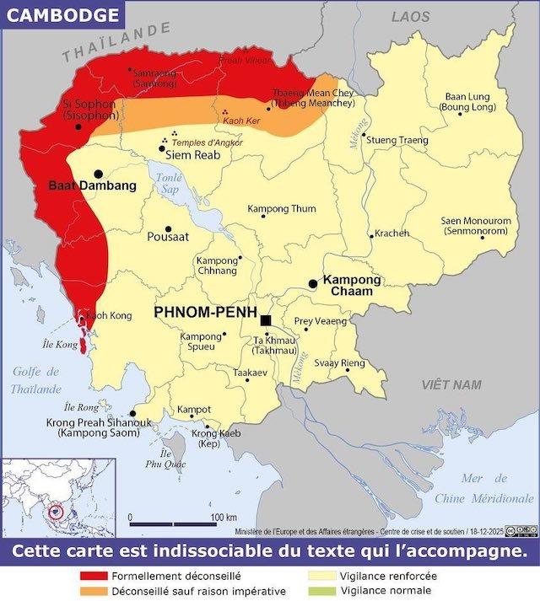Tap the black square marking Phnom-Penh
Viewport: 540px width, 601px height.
click(x=266, y=320)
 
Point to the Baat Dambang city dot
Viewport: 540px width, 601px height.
click(x=99, y=174)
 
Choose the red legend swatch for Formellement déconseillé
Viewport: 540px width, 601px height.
click(x=92, y=576)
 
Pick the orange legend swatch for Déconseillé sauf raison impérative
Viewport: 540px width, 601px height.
click(x=92, y=591)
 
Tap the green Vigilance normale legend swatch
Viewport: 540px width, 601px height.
click(x=321, y=591)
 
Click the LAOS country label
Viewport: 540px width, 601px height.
click(x=410, y=17)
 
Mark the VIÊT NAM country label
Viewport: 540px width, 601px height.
click(x=451, y=384)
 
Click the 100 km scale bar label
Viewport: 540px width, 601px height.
click(x=224, y=517)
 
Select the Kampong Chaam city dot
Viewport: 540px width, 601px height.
click(x=313, y=285)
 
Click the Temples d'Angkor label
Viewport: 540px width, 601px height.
click(x=207, y=142)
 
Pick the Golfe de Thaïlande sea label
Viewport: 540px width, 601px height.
click(x=36, y=380)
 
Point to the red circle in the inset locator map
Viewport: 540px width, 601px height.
click(x=57, y=511)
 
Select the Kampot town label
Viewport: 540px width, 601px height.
click(x=193, y=410)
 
